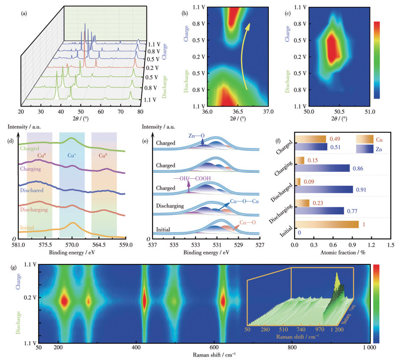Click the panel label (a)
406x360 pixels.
(24, 13)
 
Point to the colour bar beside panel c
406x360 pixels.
(377, 59)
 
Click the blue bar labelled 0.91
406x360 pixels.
(325, 189)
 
